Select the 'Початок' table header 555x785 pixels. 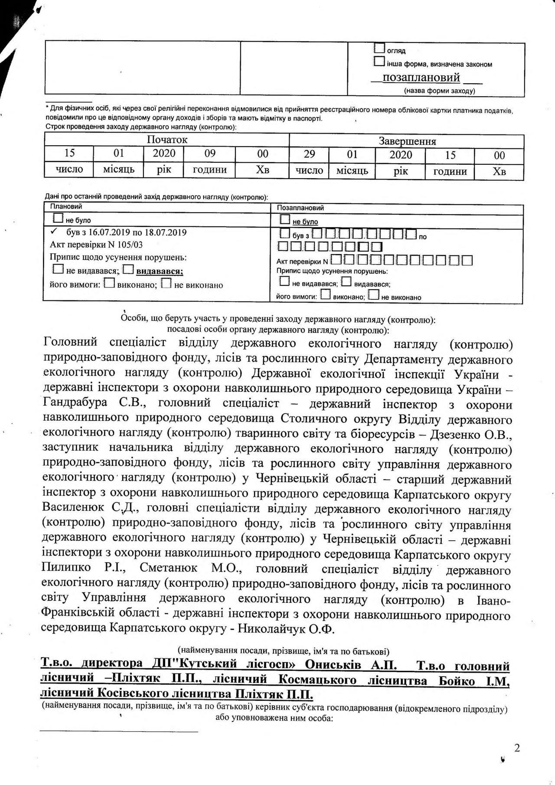167,140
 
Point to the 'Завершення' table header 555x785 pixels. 407,141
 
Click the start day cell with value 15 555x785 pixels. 69,153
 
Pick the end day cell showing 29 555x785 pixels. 309,154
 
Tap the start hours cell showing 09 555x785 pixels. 209,153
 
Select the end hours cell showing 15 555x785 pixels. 450,155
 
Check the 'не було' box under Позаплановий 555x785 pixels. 285,219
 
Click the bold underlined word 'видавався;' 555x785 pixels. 160,271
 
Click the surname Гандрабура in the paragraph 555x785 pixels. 75,403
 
